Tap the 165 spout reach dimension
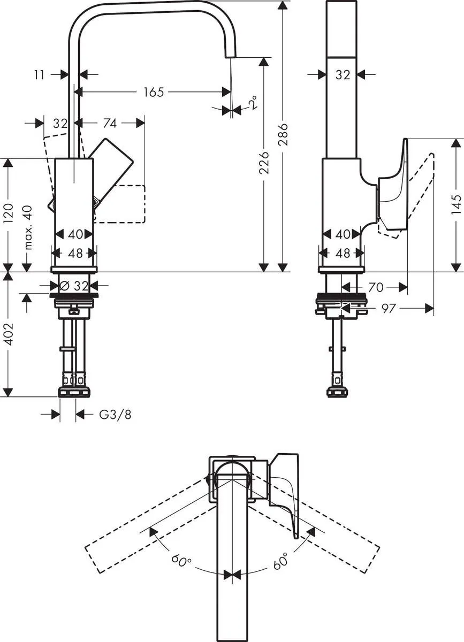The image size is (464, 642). coord(153,92)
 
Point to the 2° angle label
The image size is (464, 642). coord(252,102)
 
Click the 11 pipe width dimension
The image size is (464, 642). coord(39,75)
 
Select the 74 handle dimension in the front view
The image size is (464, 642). coord(109,124)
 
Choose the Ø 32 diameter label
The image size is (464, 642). coord(75,286)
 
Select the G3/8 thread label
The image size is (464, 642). coord(115,414)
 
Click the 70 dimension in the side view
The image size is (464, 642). coord(376,287)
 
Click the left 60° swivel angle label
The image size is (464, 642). coord(182,561)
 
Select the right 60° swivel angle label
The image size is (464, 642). coord(280,561)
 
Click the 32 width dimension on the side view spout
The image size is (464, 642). coord(343,75)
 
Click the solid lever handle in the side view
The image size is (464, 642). coord(393,182)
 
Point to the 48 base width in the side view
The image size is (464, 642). coord(343,253)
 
